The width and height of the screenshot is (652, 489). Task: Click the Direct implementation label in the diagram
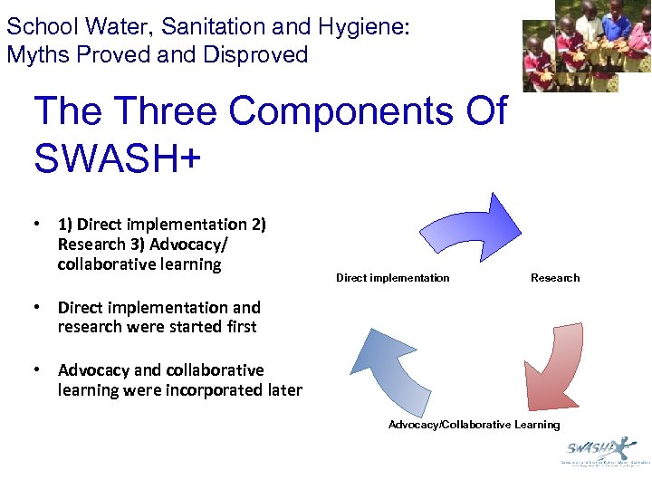point(392,278)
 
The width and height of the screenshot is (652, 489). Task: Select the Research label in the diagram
point(554,278)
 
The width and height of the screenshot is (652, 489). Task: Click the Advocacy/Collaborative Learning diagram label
point(474,425)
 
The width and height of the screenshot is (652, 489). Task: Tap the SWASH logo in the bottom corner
point(600,451)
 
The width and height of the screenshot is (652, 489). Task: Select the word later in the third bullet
point(283,390)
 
